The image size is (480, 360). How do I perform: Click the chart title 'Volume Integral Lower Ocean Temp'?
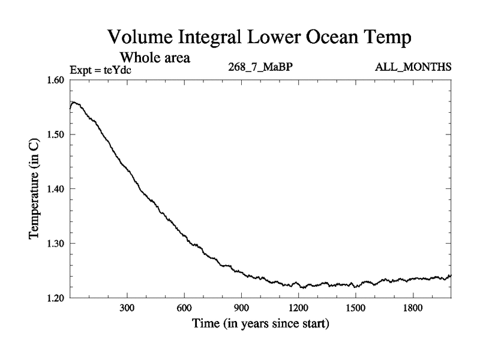[x=259, y=38]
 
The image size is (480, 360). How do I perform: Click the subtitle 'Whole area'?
[x=155, y=58]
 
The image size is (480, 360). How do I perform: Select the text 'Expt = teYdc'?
[x=101, y=70]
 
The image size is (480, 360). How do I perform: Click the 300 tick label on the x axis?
[x=127, y=308]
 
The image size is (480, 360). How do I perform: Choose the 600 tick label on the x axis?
[x=184, y=308]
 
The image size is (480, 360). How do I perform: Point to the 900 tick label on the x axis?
[x=241, y=308]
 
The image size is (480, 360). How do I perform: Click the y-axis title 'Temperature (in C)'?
[x=34, y=188]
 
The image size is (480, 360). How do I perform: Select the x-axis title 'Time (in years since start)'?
[x=261, y=324]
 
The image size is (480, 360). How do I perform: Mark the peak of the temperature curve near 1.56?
[x=74, y=102]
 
